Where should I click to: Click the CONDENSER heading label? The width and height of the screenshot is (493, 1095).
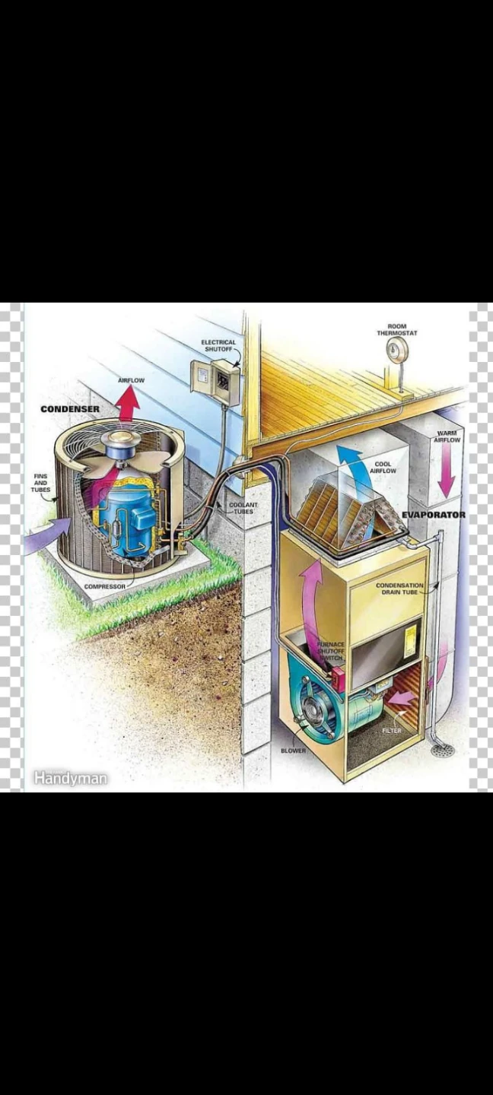click(70, 408)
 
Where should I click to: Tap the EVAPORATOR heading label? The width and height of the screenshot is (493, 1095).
click(434, 515)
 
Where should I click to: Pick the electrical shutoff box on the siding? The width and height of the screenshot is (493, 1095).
click(215, 376)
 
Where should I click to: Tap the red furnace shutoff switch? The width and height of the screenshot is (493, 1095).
click(337, 678)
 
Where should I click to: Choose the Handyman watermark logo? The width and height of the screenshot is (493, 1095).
click(70, 778)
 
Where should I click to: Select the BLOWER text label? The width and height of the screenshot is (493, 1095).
click(293, 751)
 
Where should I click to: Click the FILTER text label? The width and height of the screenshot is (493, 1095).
click(392, 730)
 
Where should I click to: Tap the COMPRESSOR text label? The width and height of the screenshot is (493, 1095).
click(105, 586)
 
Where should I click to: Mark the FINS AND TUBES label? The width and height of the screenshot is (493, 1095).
click(40, 482)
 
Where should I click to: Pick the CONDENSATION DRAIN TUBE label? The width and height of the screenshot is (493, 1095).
click(399, 589)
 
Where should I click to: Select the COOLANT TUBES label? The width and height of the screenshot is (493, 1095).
click(243, 508)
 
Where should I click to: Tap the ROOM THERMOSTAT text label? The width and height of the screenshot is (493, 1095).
click(396, 329)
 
